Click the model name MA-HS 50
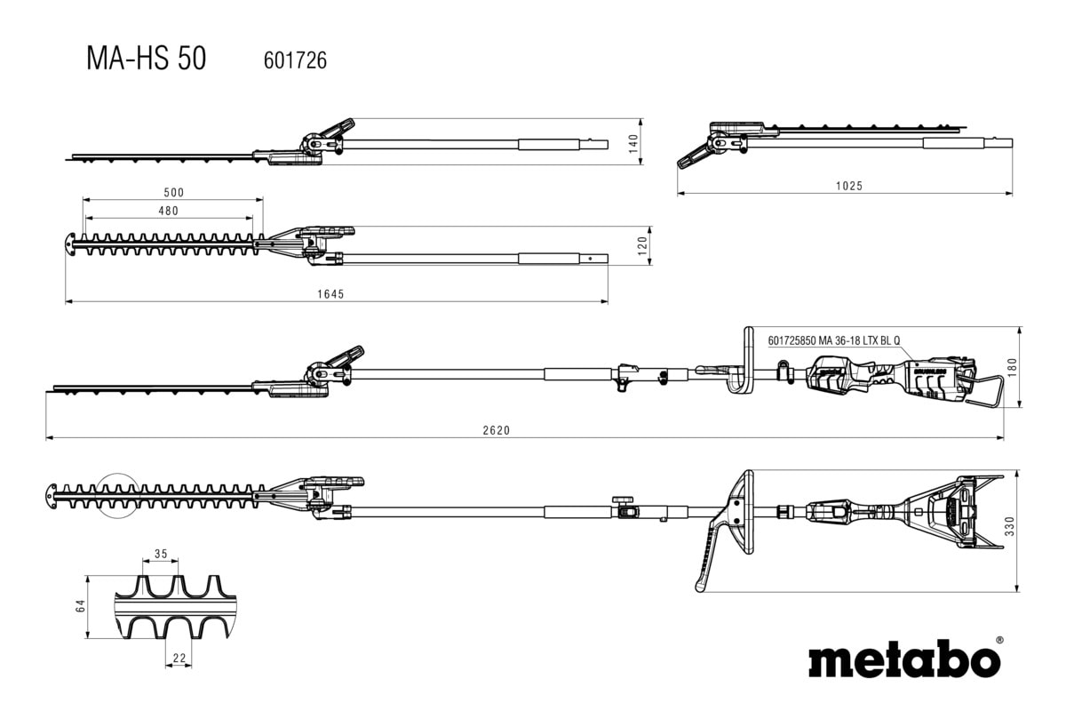pos(146,59)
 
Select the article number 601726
pos(296,60)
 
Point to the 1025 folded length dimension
pos(848,186)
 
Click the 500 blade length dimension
pos(173,192)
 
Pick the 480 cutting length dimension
pos(168,211)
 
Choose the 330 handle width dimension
pos(1008,530)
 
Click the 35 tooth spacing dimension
pos(161,554)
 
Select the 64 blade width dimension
pos(80,606)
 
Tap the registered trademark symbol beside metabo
pos(999,639)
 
